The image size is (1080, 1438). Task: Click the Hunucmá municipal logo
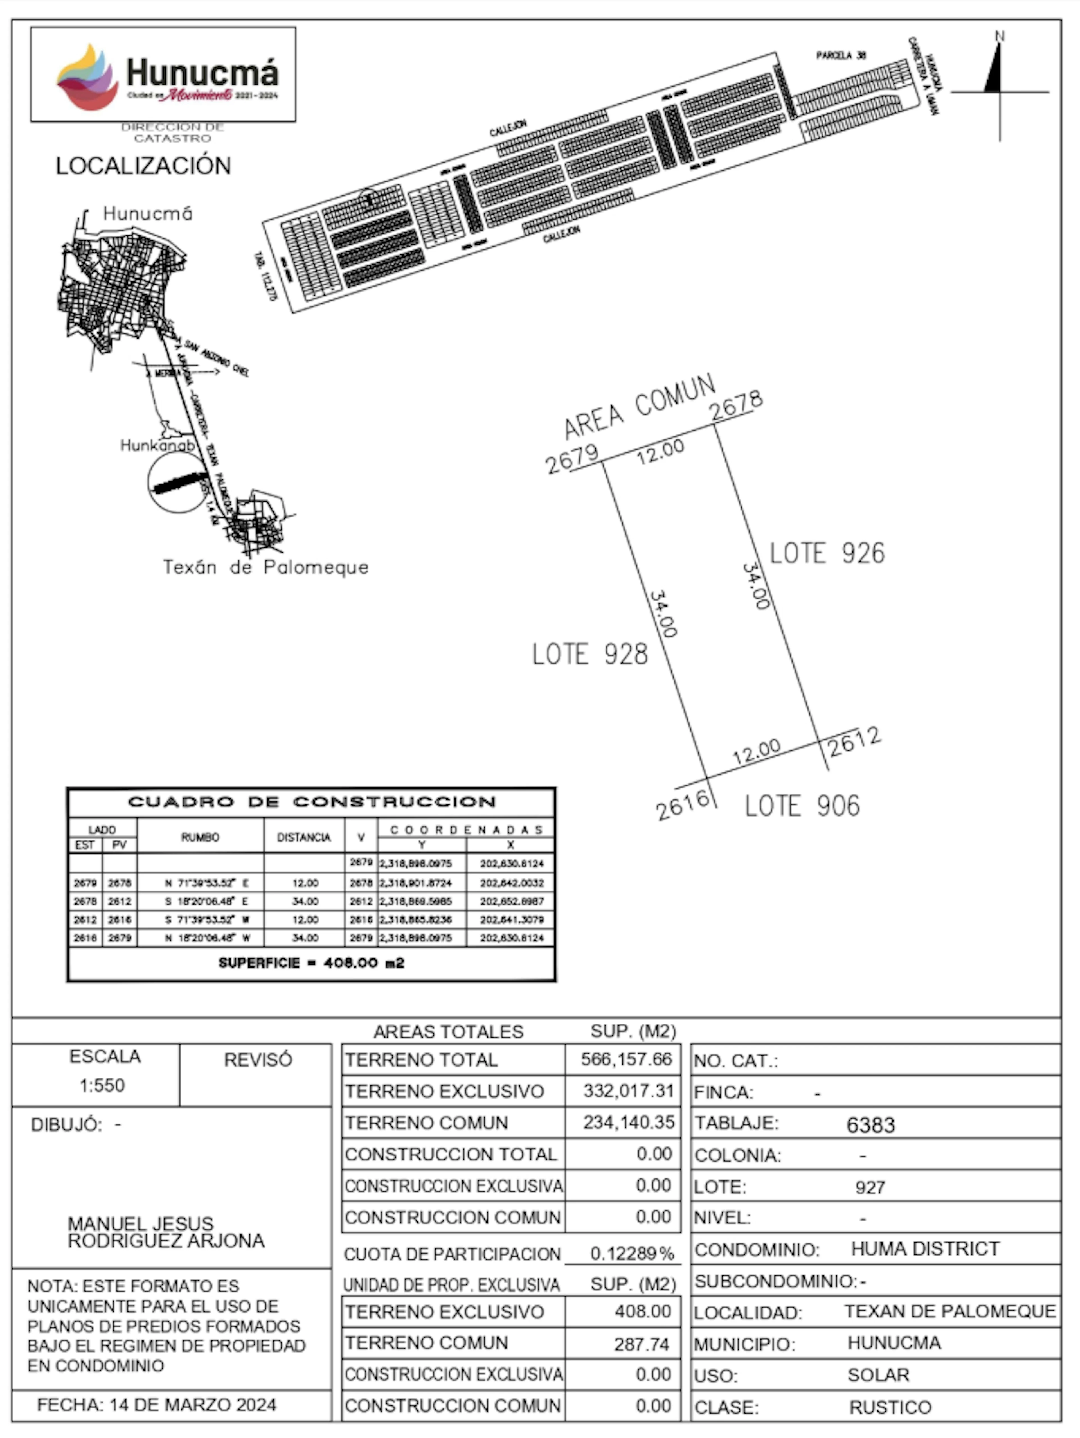coord(163,75)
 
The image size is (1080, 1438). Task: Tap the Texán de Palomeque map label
coord(265,567)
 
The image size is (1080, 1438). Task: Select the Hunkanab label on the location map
coord(157,445)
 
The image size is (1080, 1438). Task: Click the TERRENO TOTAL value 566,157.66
coord(625,1060)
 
